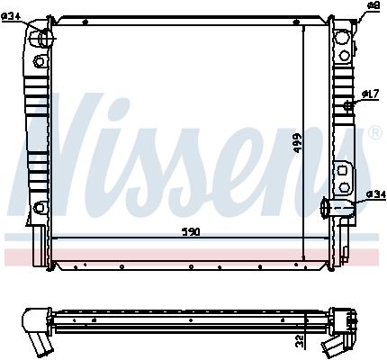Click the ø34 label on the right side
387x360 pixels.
[x=375, y=195]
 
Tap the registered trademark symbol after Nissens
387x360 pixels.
[x=375, y=133]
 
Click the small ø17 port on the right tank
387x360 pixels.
[x=346, y=106]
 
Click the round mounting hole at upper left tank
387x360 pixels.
[x=39, y=61]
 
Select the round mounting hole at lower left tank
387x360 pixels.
[x=38, y=210]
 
